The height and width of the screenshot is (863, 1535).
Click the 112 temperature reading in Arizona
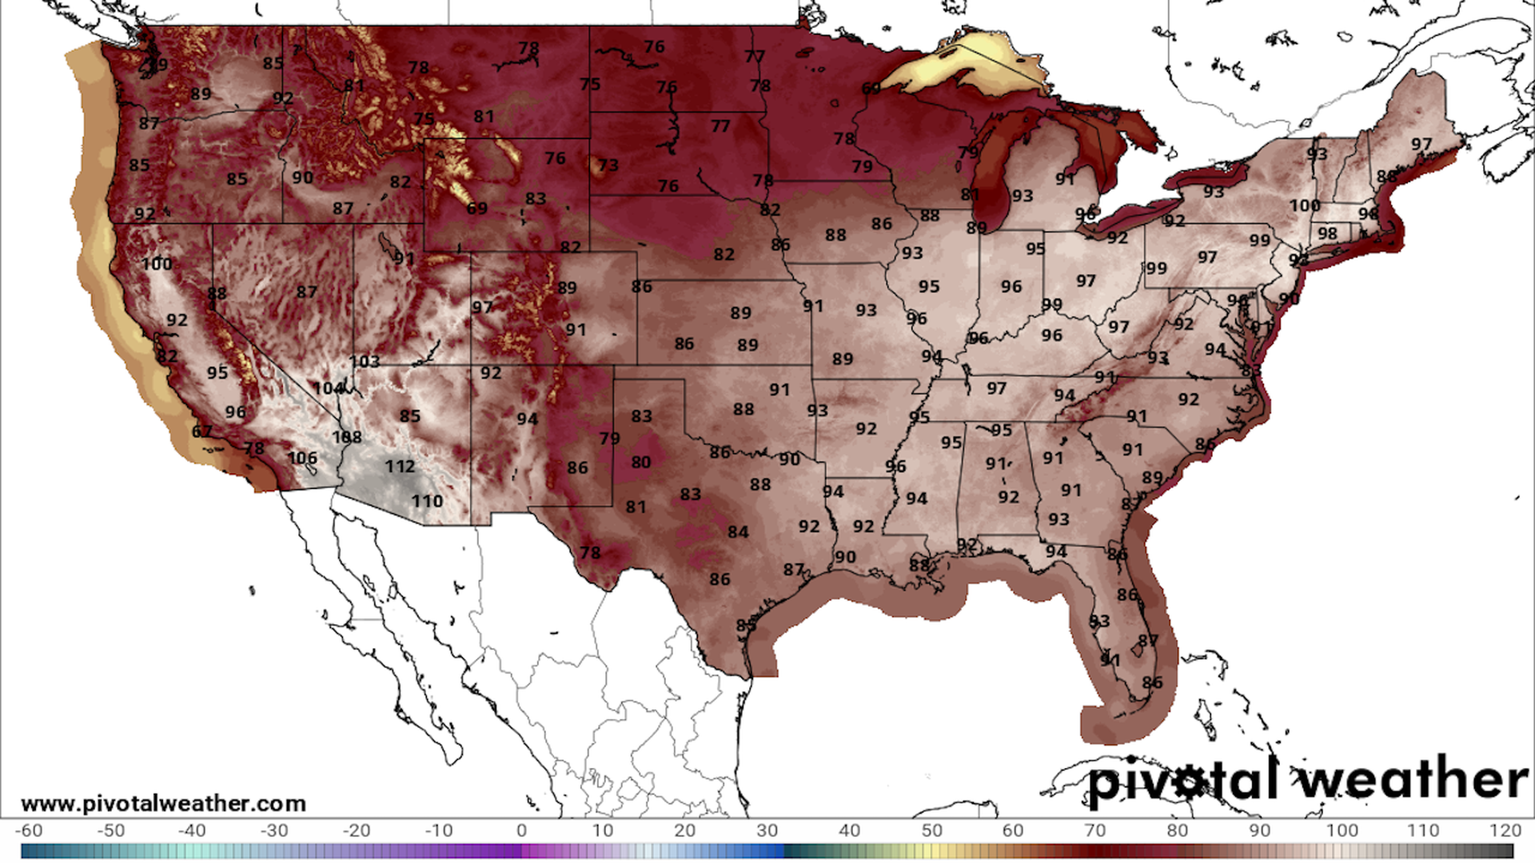[400, 467]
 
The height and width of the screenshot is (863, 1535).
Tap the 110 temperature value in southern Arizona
[427, 502]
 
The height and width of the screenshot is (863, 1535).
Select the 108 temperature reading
[347, 437]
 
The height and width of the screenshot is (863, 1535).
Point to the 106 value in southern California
[302, 459]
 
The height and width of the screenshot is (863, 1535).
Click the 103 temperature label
[365, 362]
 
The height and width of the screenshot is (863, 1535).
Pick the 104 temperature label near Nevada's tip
[329, 388]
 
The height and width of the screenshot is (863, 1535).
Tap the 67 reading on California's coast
[202, 432]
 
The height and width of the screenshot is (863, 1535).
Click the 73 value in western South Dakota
[608, 165]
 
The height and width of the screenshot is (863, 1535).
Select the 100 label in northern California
[157, 264]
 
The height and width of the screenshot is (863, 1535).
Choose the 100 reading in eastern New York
[1305, 206]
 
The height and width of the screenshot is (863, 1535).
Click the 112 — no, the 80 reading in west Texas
[641, 463]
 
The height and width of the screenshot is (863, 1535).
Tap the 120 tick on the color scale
[1505, 831]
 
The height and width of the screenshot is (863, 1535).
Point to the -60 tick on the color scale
[29, 831]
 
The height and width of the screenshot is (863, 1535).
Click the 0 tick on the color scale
[521, 831]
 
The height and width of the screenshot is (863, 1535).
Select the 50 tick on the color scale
[931, 831]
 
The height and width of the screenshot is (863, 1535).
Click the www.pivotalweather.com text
[163, 804]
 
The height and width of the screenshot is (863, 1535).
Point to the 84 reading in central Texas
[738, 532]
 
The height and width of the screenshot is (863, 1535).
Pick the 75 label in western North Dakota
[590, 85]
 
